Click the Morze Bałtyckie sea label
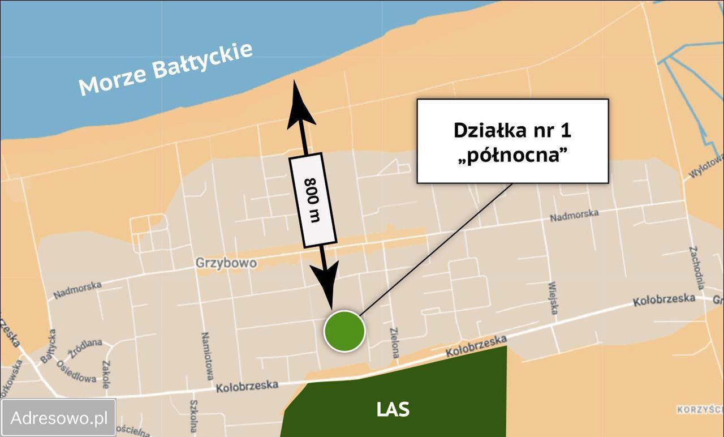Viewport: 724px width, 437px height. [x=165, y=69]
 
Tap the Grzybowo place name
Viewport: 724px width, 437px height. [x=226, y=263]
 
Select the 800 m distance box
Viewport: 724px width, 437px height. [x=313, y=200]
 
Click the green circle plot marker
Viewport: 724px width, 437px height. [x=344, y=331]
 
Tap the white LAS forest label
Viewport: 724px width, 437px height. [x=393, y=409]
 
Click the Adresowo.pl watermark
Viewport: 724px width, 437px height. [x=59, y=418]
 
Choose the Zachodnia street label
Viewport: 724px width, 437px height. [x=697, y=268]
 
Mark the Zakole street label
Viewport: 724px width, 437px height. [x=106, y=374]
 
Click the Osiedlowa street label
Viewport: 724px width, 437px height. [x=76, y=371]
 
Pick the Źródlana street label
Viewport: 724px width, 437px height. [x=85, y=348]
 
